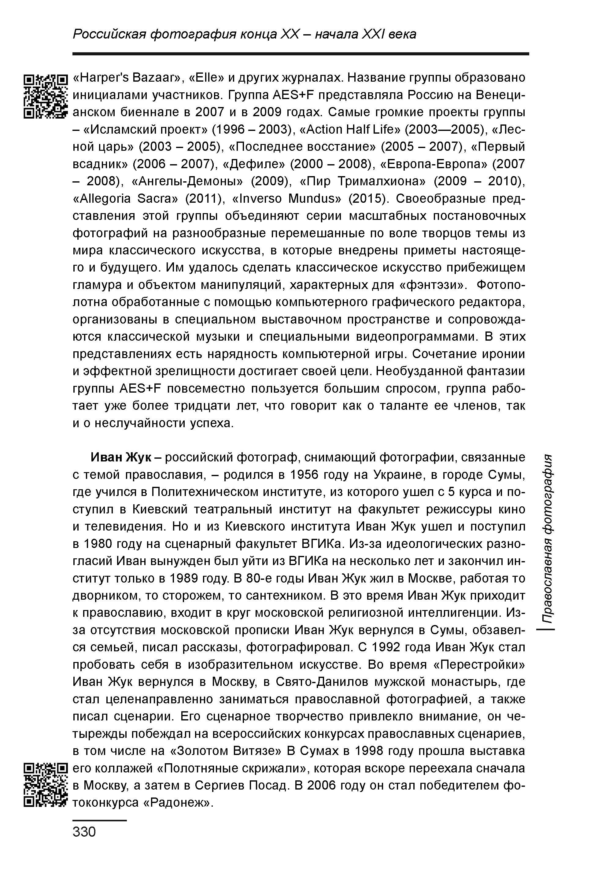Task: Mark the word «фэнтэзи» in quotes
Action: [433, 285]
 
